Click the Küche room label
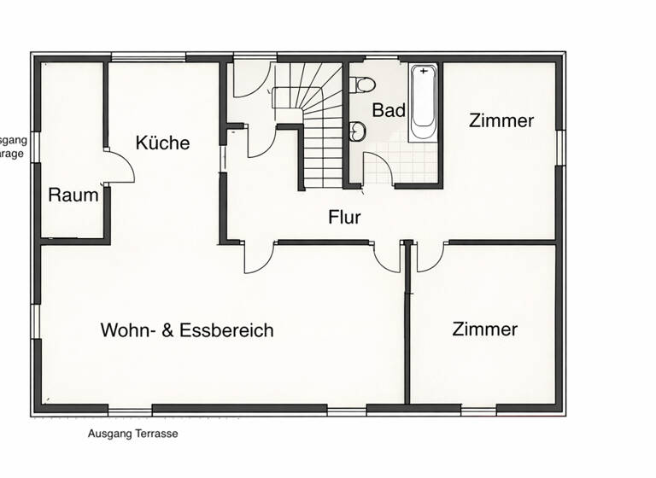point(162,143)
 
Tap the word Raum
point(73,195)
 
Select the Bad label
point(389,110)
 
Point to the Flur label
point(344,217)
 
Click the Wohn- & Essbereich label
point(187,329)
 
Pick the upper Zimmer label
point(501,120)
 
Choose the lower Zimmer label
point(485,329)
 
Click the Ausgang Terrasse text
point(132,434)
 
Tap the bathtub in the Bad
point(423,104)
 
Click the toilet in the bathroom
point(362,84)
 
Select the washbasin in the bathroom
point(358,131)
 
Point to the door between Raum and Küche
point(120,166)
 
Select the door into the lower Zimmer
point(430,256)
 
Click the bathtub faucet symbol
point(423,72)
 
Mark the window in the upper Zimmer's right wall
point(560,147)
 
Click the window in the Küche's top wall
point(149,57)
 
